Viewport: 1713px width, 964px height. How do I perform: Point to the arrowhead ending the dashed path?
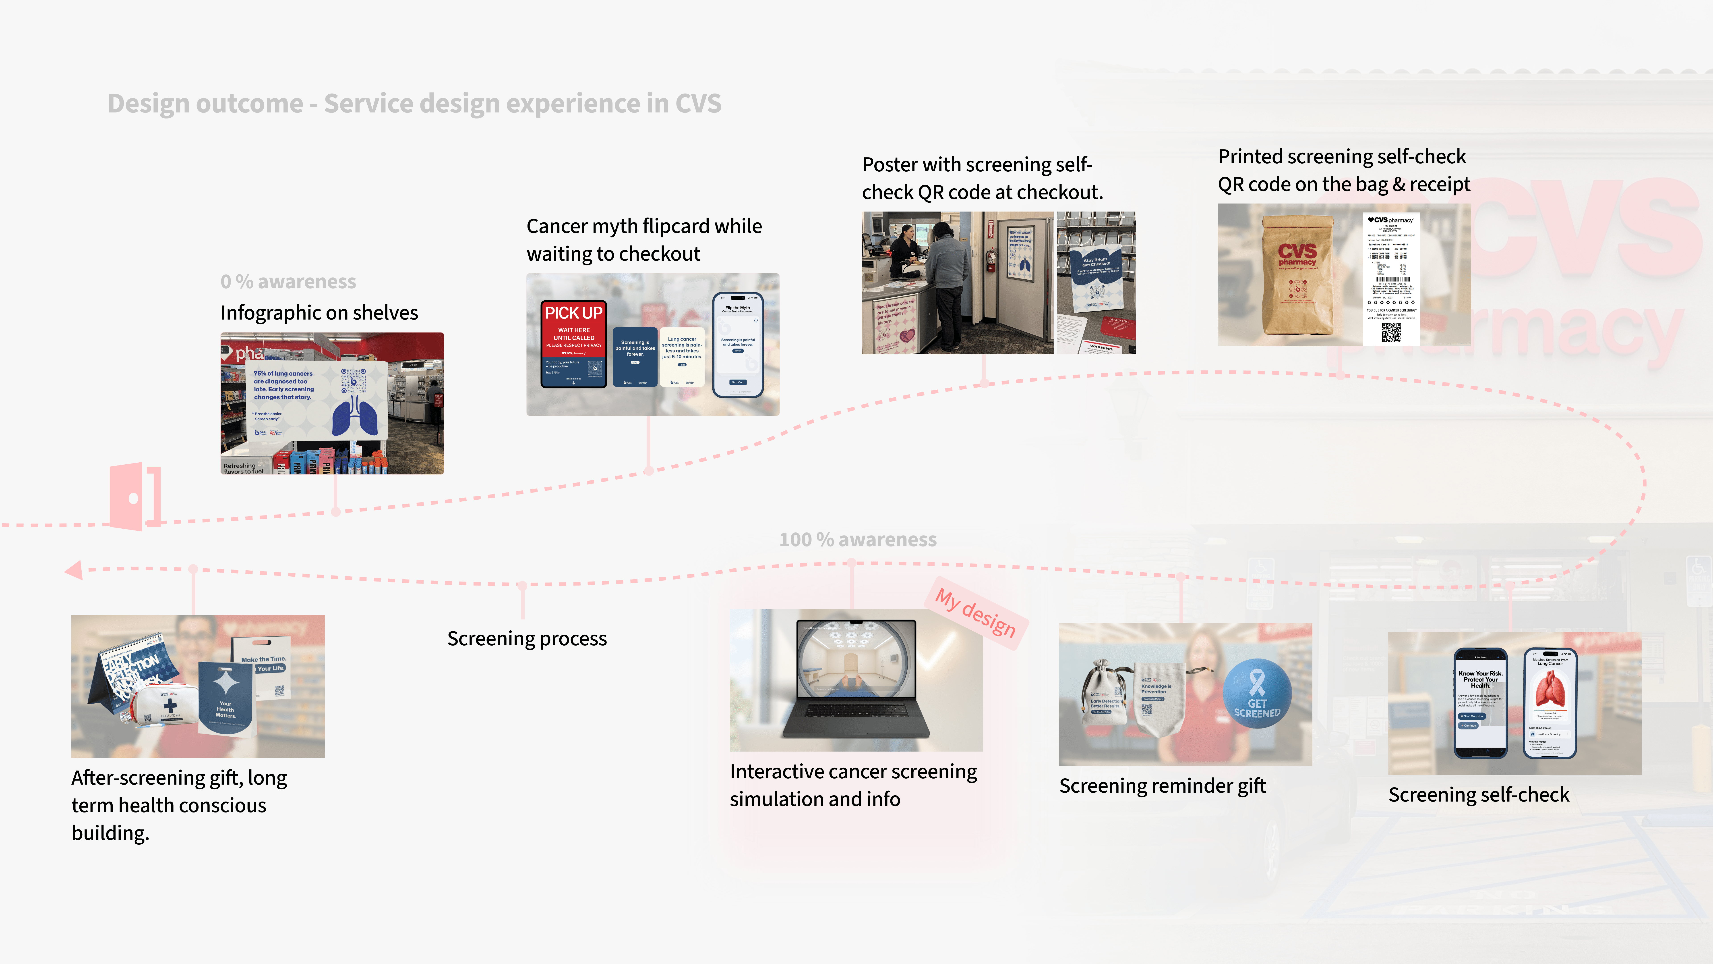(x=73, y=570)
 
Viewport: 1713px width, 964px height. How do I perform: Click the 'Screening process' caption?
(x=527, y=639)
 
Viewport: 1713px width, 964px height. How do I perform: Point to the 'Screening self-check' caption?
(x=1478, y=795)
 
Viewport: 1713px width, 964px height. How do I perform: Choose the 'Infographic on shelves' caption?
(x=319, y=313)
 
